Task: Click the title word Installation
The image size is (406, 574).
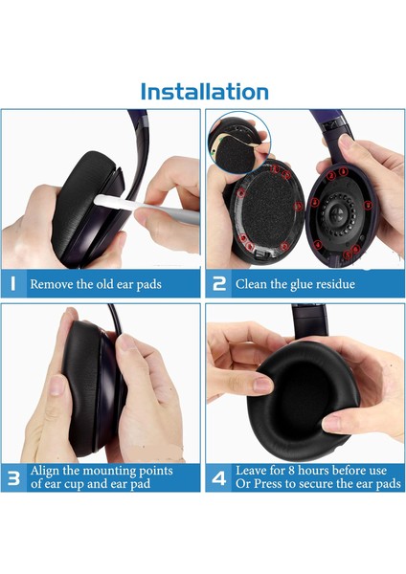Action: [x=203, y=92]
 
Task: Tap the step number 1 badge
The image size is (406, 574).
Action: [x=13, y=284]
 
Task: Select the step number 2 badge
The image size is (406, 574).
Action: [x=219, y=284]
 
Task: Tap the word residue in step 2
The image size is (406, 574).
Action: [x=333, y=284]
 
